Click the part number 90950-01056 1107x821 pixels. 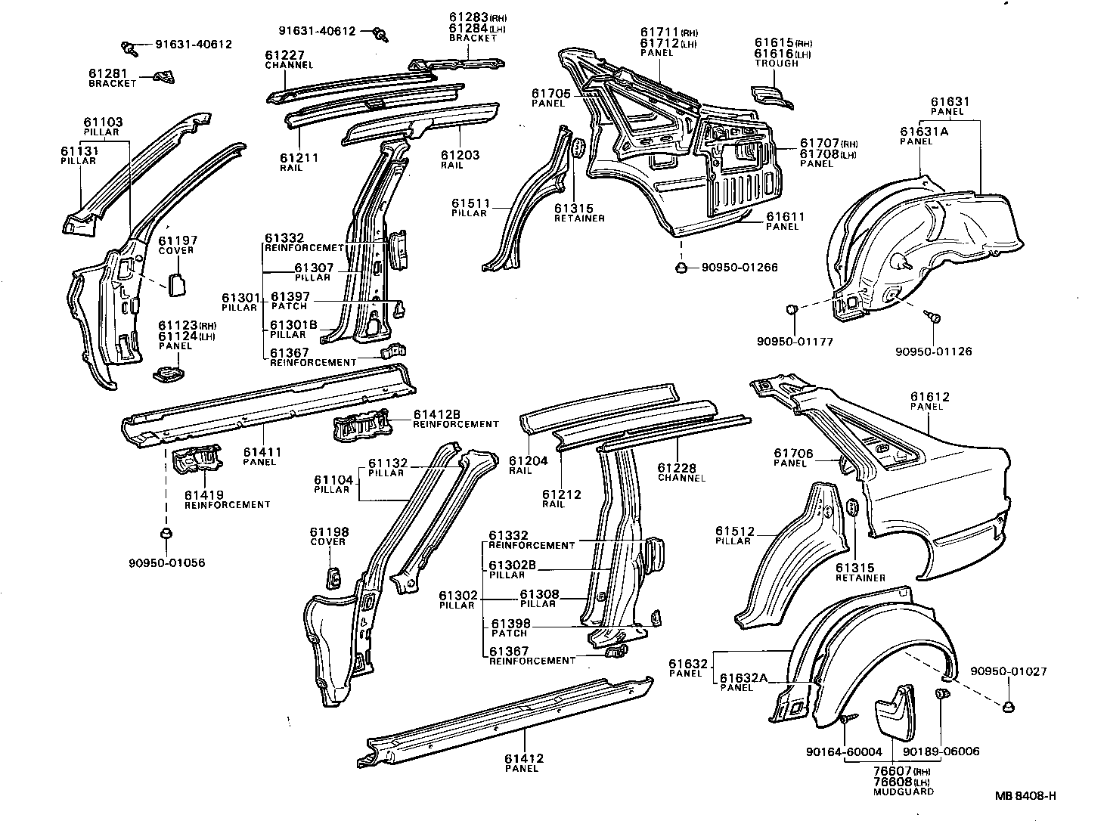pos(166,563)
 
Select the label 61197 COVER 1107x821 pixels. pos(175,245)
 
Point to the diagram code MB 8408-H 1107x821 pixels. pos(1025,795)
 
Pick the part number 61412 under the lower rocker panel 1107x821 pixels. pos(522,758)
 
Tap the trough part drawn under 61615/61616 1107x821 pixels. pos(768,96)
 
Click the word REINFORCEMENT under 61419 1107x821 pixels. pos(227,505)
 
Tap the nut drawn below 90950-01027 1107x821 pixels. pos(1009,706)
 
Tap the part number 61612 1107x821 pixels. pos(929,397)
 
